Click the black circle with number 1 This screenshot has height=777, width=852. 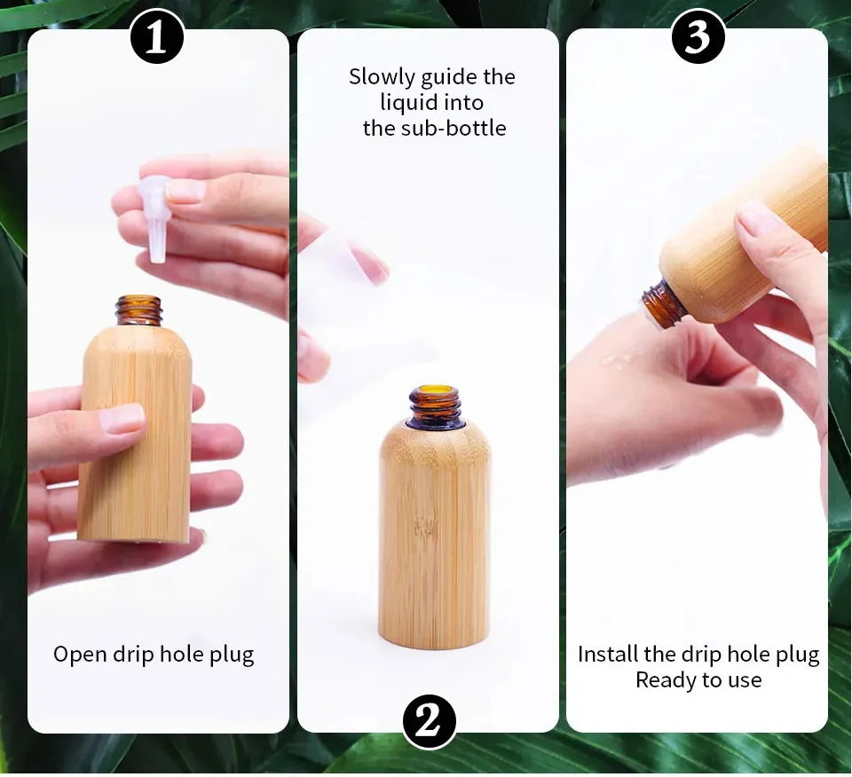pyautogui.click(x=157, y=38)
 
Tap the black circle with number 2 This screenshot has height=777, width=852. pyautogui.click(x=430, y=722)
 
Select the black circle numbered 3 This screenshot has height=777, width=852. pyautogui.click(x=698, y=38)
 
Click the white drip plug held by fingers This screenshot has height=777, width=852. pyautogui.click(x=157, y=217)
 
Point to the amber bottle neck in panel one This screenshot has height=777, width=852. pyautogui.click(x=139, y=310)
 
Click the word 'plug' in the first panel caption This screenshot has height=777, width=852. pyautogui.click(x=232, y=655)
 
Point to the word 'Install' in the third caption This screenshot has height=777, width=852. pyautogui.click(x=609, y=655)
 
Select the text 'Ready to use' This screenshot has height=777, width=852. pyautogui.click(x=698, y=680)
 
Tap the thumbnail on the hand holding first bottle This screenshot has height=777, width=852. pyautogui.click(x=121, y=418)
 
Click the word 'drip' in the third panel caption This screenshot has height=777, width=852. pyautogui.click(x=700, y=655)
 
